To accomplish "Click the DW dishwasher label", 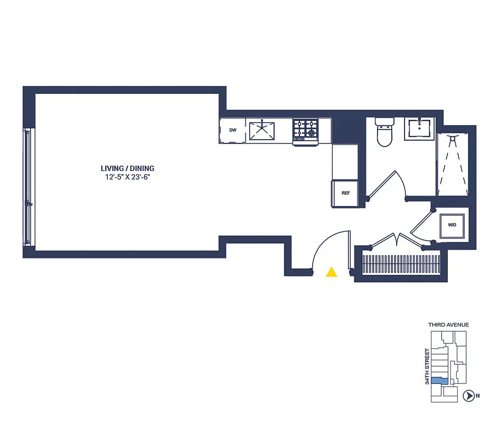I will click(232, 130).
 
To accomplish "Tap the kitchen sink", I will click(262, 130).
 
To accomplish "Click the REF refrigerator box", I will click(345, 193).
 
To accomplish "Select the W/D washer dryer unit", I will click(452, 225).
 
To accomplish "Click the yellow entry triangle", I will click(332, 272).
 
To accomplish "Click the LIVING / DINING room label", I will click(128, 168).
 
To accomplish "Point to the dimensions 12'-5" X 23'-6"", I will click(128, 177).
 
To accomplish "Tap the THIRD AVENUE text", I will click(448, 325).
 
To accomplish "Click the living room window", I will click(27, 187).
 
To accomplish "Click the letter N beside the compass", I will click(477, 396).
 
